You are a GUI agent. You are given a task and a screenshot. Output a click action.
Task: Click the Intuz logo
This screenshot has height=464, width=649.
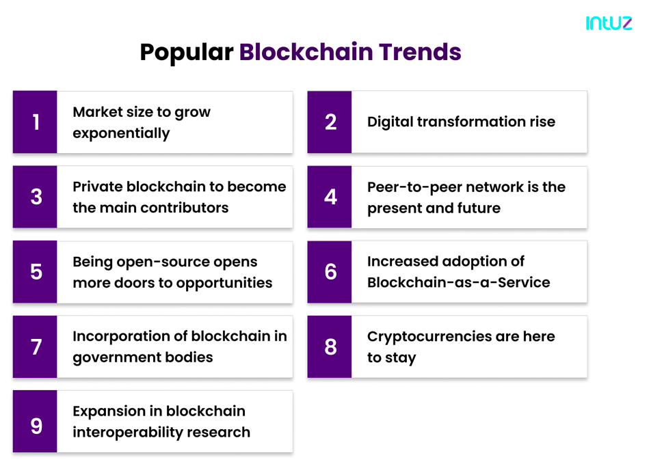[609, 23]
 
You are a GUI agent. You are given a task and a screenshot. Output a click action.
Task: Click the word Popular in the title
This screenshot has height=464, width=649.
[187, 53]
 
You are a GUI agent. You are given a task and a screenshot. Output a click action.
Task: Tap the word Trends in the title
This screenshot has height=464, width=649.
[420, 52]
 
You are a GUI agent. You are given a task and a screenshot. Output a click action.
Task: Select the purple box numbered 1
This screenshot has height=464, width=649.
[35, 122]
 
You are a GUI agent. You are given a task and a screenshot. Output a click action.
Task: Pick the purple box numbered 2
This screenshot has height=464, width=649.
[330, 122]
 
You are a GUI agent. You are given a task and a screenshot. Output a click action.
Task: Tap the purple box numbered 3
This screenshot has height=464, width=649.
[35, 197]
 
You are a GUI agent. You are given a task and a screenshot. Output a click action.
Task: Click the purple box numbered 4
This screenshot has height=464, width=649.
[330, 197]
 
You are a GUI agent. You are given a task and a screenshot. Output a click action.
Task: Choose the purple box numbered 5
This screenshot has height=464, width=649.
[35, 272]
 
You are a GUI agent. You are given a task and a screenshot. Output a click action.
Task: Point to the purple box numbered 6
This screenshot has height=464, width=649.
[330, 272]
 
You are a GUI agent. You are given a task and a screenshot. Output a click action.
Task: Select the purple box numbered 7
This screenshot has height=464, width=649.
[35, 346]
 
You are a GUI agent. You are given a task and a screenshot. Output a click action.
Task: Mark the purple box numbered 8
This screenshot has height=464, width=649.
[330, 346]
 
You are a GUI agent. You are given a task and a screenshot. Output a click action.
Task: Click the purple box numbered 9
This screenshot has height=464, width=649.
[35, 422]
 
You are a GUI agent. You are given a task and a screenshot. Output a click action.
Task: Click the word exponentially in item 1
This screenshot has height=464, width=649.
[121, 133]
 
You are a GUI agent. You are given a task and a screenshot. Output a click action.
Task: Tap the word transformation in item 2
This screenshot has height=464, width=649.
[471, 122]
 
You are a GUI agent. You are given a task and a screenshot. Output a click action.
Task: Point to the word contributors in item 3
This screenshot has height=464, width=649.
[185, 208]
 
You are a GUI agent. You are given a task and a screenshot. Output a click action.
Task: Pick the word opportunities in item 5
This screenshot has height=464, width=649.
[224, 284]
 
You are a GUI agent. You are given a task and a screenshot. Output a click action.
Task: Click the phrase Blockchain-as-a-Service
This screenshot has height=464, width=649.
[459, 282]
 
